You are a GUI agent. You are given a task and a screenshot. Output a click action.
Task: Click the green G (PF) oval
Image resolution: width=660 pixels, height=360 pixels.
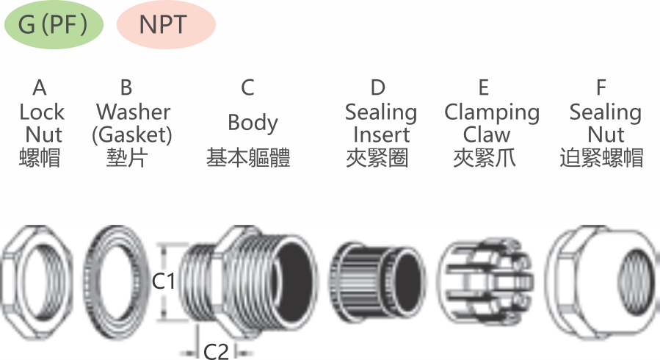pos(54,24)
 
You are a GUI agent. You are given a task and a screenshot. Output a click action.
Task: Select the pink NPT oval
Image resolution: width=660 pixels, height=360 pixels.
pos(166,24)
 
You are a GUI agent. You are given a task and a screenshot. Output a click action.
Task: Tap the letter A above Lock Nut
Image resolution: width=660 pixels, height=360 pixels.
pos(40,87)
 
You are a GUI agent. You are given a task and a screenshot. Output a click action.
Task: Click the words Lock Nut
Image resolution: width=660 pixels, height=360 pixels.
pos(42,123)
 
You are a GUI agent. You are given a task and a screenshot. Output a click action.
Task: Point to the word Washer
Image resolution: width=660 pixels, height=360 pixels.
pos(133,112)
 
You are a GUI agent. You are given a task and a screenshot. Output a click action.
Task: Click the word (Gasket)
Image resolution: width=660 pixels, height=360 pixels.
pos(131,135)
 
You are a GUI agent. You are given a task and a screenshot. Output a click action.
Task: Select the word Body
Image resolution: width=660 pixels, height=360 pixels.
pos(253,123)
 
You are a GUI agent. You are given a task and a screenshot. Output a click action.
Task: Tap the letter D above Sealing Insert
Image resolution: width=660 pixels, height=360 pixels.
pos(377,87)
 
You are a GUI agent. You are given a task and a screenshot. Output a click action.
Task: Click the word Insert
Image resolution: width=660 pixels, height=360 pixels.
pos(381,134)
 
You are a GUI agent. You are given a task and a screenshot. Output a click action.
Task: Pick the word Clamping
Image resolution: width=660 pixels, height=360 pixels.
pos(492,113)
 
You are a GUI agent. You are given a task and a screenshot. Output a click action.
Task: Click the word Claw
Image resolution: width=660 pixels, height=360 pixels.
pos(487,134)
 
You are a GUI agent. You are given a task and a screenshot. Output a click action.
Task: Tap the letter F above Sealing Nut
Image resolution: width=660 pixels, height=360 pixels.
pos(601,87)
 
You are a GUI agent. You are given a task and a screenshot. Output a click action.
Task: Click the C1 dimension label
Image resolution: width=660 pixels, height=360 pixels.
pos(163,281)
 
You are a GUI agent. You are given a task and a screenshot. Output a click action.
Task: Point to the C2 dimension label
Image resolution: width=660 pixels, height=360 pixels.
pos(216,350)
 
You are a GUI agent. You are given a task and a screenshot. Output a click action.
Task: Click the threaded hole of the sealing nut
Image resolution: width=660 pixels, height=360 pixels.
pos(638,281)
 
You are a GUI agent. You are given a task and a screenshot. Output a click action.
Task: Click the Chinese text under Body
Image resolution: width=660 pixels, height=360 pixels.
pos(248,158)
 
